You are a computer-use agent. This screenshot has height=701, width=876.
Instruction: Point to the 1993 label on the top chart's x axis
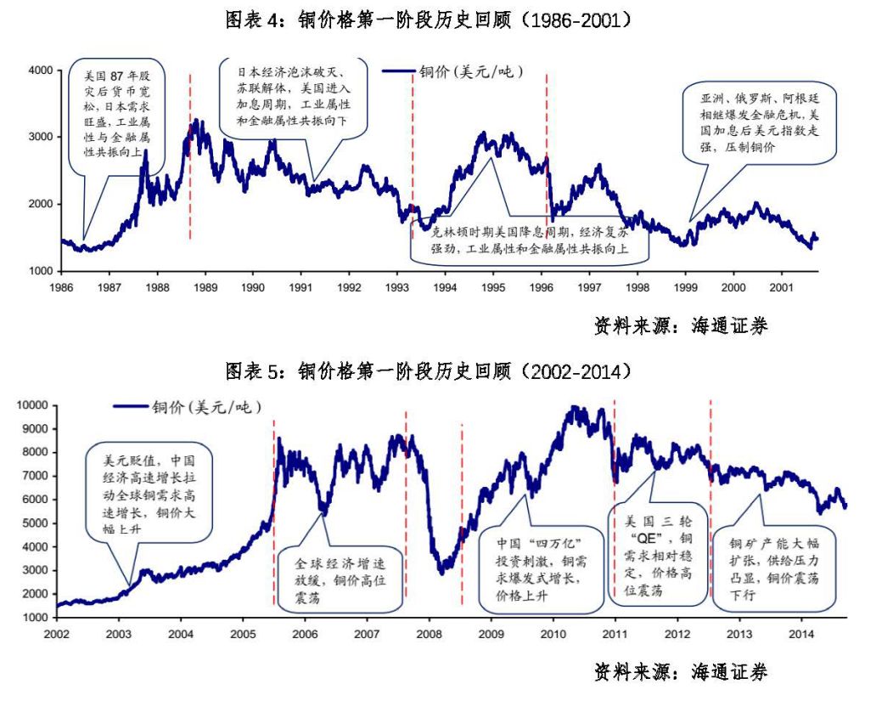[397, 288]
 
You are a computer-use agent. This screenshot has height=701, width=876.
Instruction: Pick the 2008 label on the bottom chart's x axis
[430, 634]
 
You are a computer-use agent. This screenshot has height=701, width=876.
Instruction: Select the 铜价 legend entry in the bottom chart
[187, 406]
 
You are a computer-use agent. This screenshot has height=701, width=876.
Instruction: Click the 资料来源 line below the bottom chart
[680, 673]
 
